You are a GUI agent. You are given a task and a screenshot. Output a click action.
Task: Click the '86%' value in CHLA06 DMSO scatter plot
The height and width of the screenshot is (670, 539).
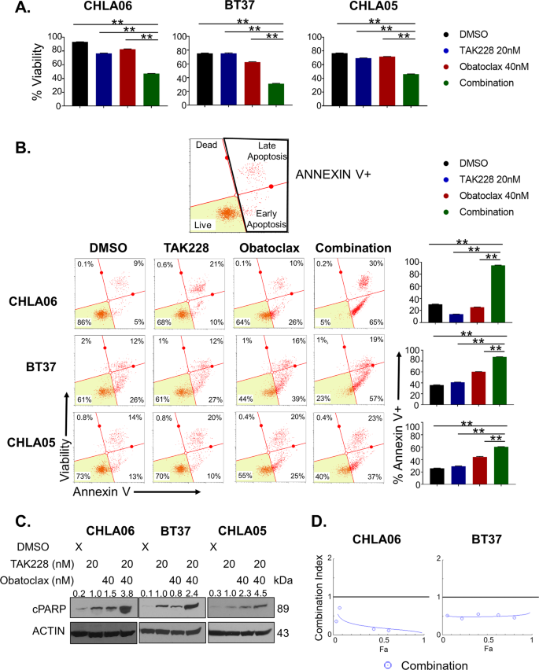[83, 321]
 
